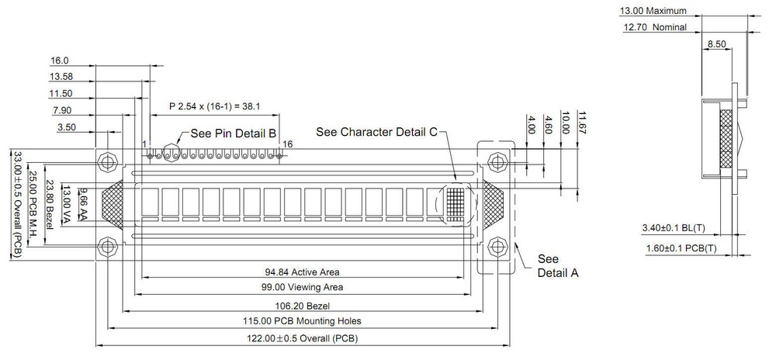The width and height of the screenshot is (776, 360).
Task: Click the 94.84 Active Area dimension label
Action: [302, 272]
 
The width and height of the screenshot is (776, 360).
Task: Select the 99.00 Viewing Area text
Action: [302, 287]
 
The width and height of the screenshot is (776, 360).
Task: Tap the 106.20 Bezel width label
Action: [302, 306]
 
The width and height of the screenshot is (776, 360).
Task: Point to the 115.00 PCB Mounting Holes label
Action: [302, 321]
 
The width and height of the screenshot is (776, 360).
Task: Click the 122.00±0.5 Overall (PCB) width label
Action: [302, 339]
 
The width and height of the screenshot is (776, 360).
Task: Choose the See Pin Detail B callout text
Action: [234, 133]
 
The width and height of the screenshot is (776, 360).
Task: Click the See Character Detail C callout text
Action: [377, 132]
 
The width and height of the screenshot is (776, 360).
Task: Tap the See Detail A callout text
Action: [558, 266]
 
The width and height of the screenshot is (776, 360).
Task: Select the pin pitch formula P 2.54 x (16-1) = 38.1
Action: [215, 106]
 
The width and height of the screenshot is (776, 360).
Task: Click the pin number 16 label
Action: [288, 144]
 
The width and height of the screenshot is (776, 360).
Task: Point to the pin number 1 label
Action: [144, 144]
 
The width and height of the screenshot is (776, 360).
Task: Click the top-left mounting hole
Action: [107, 161]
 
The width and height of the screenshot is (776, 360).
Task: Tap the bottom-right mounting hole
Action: [497, 247]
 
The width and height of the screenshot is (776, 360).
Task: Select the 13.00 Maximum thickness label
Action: [653, 11]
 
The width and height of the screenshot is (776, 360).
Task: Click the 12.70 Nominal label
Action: [655, 27]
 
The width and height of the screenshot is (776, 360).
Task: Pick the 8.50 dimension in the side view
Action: [716, 44]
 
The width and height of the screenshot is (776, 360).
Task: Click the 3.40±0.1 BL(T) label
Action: [674, 228]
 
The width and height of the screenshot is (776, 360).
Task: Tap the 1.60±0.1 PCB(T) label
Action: [681, 248]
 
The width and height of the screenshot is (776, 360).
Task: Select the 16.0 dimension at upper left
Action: [60, 61]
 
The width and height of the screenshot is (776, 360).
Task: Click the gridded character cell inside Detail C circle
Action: [456, 202]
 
